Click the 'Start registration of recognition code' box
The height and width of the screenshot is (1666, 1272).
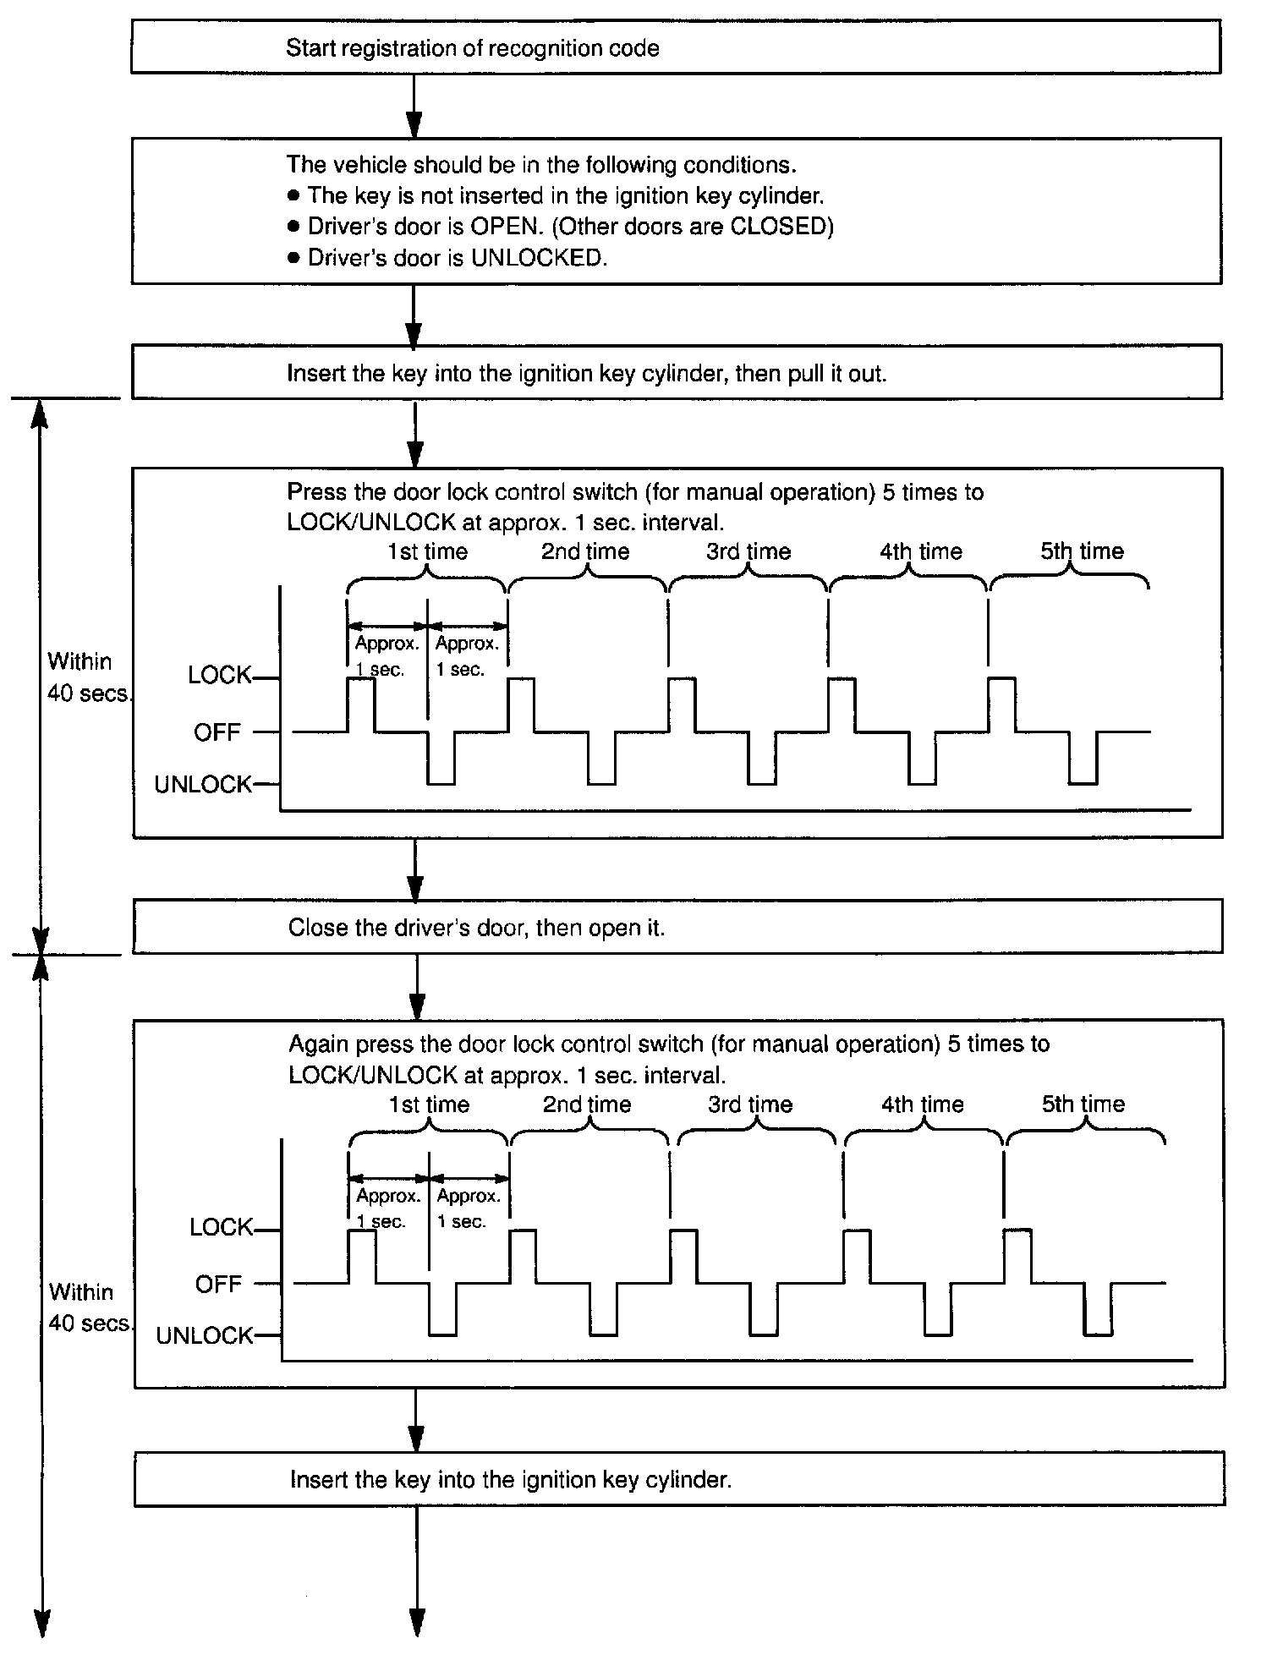click(x=675, y=48)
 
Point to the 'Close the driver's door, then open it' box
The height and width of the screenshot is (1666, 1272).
click(x=677, y=927)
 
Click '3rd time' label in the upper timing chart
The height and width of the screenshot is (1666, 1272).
click(x=748, y=552)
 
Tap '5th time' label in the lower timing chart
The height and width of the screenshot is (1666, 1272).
click(x=1083, y=1104)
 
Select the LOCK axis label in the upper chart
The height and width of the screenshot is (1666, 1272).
click(x=219, y=676)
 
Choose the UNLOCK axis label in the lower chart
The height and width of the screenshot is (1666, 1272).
click(x=205, y=1336)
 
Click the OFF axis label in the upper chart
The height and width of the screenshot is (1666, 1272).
click(x=217, y=732)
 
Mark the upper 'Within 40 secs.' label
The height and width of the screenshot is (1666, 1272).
click(x=87, y=677)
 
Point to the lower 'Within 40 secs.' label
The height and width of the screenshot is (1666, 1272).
click(x=89, y=1307)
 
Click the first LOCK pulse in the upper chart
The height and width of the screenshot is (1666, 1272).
click(x=361, y=704)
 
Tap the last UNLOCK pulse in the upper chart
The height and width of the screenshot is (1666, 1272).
click(x=1083, y=759)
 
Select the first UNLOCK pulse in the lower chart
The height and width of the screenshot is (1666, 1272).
click(x=442, y=1311)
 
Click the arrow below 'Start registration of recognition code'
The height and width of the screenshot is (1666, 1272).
click(x=414, y=106)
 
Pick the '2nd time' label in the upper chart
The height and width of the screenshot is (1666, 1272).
click(x=585, y=552)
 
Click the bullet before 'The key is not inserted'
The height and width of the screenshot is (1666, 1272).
click(x=293, y=196)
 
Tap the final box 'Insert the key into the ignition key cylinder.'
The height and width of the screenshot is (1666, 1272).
click(x=678, y=1480)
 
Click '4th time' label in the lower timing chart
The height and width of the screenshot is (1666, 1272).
click(x=923, y=1104)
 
